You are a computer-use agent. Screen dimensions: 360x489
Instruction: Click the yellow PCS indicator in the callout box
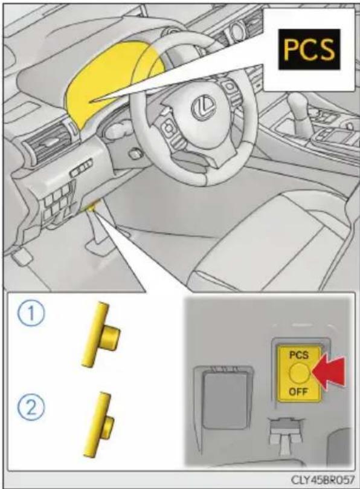point(308,50)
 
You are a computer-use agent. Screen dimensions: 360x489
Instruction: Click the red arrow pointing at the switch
point(329,373)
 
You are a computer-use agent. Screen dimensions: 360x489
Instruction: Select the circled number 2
point(31,407)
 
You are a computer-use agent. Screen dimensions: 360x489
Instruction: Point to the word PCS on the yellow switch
point(298,355)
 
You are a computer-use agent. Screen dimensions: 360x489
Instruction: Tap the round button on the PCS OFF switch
point(298,373)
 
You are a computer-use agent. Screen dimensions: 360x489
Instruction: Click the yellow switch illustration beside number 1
point(100,334)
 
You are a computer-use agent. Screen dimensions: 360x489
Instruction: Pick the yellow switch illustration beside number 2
point(98,425)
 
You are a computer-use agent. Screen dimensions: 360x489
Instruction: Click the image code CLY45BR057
point(323,479)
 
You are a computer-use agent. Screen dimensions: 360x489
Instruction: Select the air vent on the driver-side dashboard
point(47,144)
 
